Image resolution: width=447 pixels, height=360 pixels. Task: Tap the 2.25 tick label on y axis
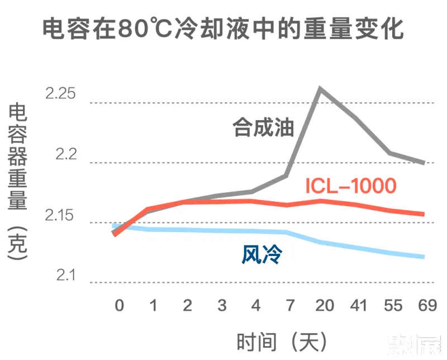tap(61, 94)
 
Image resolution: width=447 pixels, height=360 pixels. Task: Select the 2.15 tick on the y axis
tap(61, 215)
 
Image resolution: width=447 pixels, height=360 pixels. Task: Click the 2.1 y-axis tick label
tap(65, 276)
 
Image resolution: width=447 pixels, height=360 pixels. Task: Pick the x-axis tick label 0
tap(119, 305)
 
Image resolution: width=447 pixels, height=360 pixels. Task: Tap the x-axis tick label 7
tap(289, 305)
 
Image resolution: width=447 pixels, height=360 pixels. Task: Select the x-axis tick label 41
tap(358, 305)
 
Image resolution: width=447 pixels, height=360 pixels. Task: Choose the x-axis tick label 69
tap(426, 305)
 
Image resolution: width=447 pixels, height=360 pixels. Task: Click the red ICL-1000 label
tap(351, 186)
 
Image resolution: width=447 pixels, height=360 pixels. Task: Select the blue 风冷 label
tap(261, 255)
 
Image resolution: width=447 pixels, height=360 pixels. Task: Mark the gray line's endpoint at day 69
tap(424, 163)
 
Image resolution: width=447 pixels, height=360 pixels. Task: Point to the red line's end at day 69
tap(424, 214)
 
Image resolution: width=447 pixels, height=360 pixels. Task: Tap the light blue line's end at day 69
tap(424, 257)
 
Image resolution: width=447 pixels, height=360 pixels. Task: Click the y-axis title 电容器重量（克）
tap(18, 182)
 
